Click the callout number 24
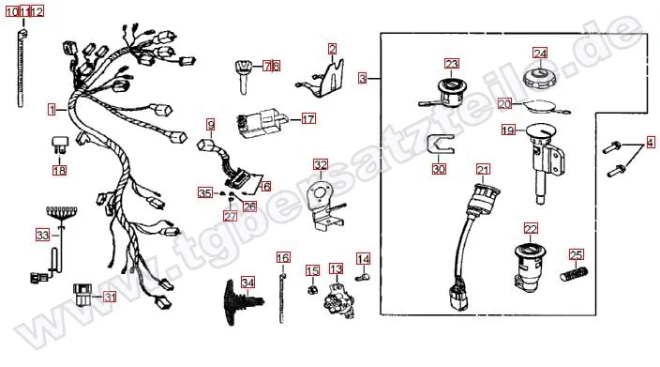coord(540,54)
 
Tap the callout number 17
coord(308,119)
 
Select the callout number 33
coord(42,235)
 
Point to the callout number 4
coord(651,143)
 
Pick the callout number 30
coord(439,169)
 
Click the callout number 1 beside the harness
coord(52,110)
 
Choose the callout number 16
coord(283,257)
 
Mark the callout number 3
coord(363,78)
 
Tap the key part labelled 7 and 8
coord(245,76)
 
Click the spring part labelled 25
coord(574,274)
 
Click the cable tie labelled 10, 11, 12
coord(21,68)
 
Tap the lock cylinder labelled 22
coord(530,268)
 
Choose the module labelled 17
coord(262,122)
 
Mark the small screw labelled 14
coord(362,277)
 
